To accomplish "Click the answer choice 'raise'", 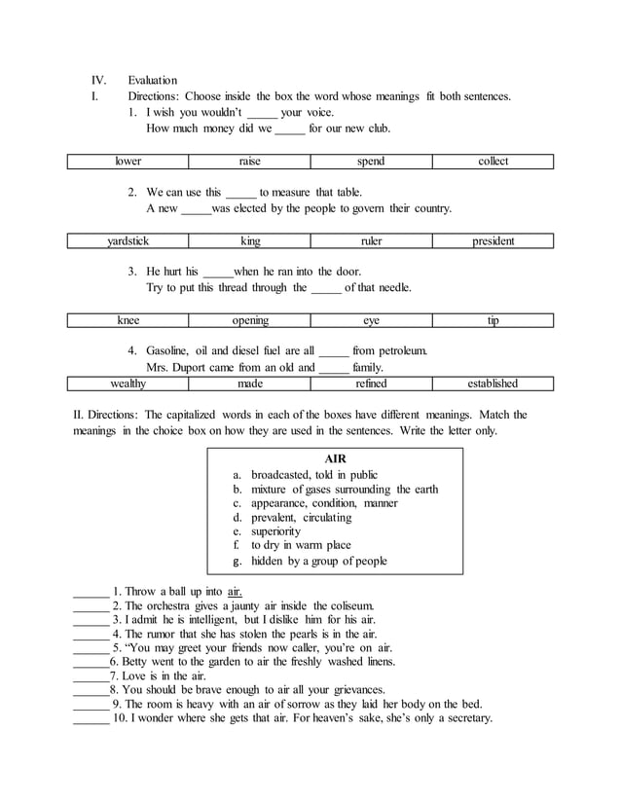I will coord(249,162).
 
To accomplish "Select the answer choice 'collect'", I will coord(493,162).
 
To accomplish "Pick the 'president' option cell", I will coord(493,241).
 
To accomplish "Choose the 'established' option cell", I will coord(493,384).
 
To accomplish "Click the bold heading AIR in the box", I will coord(336,458).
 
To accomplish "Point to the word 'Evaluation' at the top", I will coord(152,80).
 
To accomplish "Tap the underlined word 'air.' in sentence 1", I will coord(235,592).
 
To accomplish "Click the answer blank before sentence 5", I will coord(91,647).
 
